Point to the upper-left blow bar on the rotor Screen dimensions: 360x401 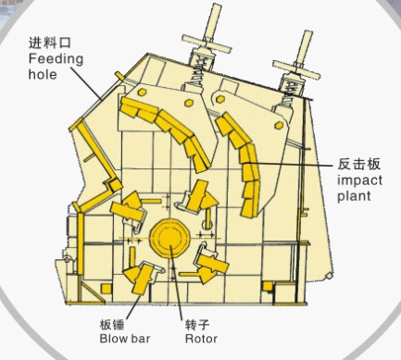[128, 205]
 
